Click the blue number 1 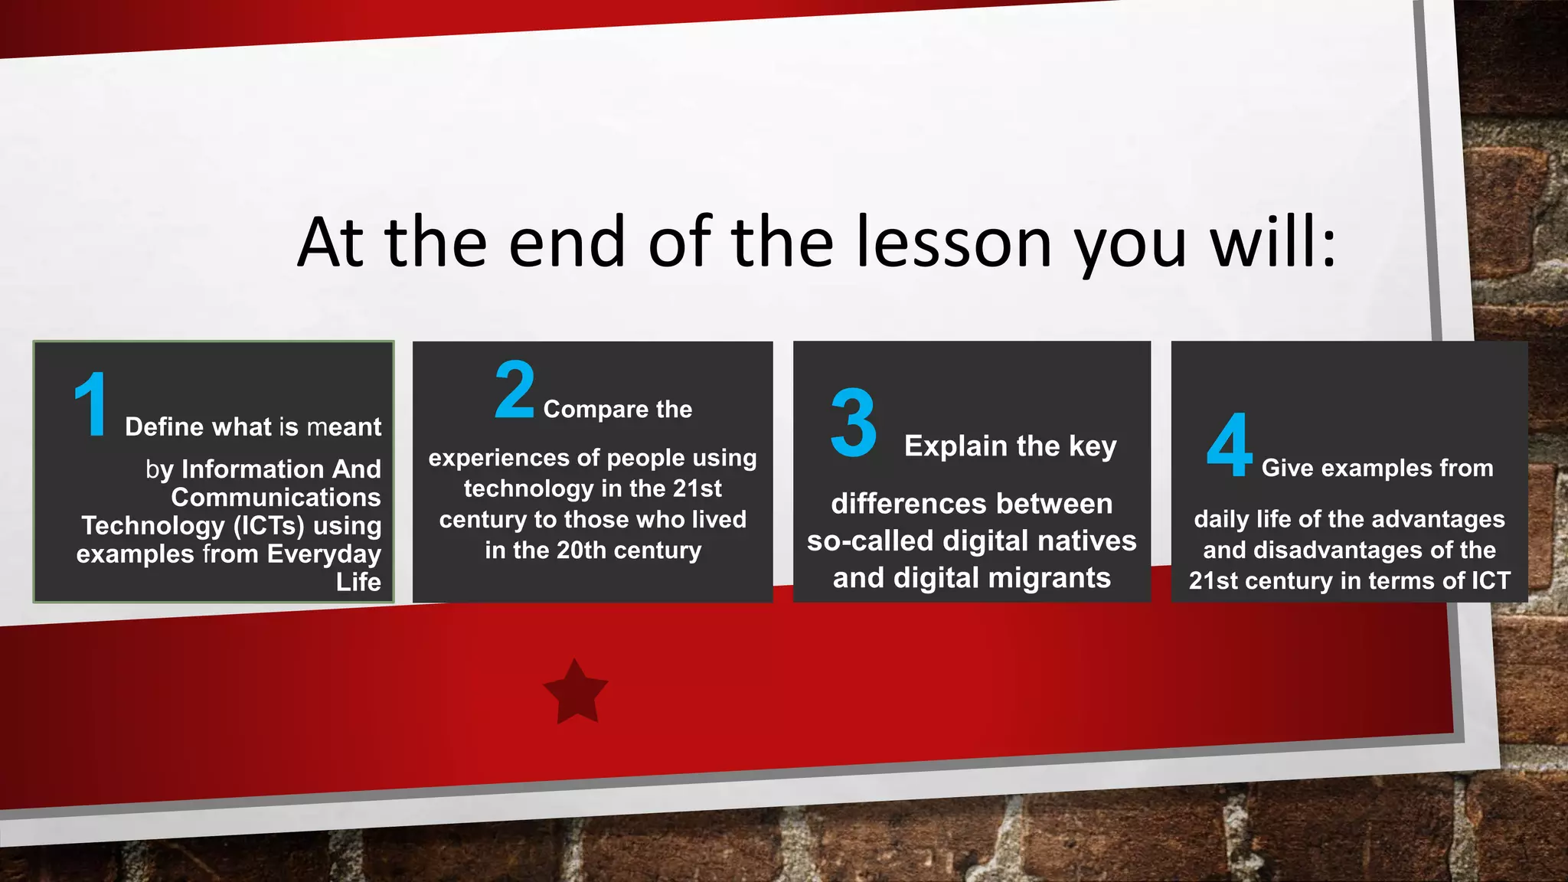(x=91, y=405)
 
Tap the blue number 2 (x=514, y=390)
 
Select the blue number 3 (x=853, y=423)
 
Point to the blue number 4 (x=1229, y=445)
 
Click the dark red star (x=576, y=692)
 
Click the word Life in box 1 (x=358, y=582)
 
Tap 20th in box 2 (x=581, y=550)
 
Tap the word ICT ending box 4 (x=1491, y=581)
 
